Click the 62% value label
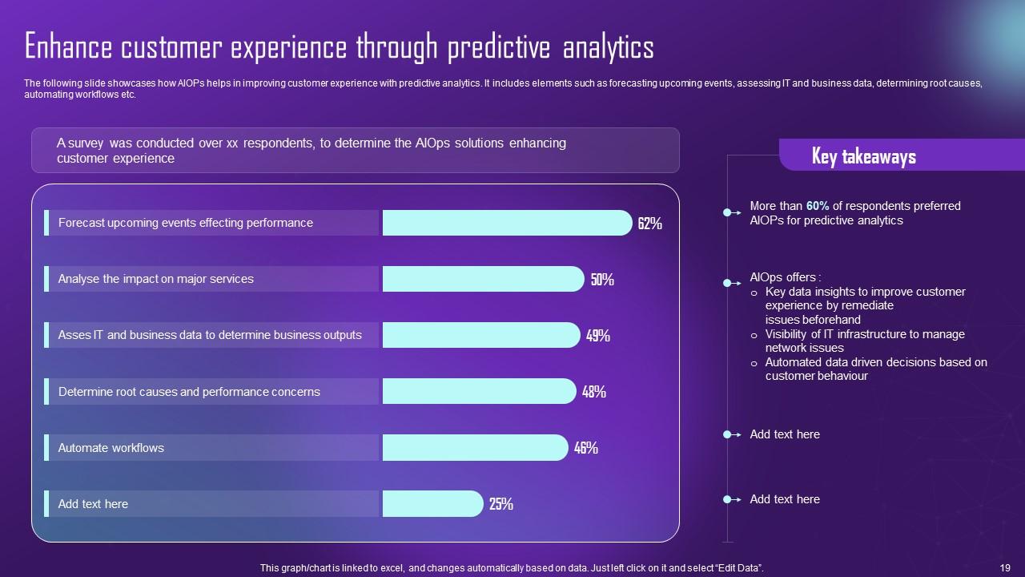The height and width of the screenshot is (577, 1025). [x=649, y=224]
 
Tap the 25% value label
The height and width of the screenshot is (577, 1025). [x=500, y=504]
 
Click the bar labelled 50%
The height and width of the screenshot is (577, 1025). [x=483, y=279]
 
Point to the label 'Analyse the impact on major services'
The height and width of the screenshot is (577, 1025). [x=155, y=279]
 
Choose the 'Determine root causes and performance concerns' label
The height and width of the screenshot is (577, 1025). [x=189, y=392]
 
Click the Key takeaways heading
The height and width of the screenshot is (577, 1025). [x=863, y=155]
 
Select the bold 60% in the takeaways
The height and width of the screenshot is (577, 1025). [x=818, y=206]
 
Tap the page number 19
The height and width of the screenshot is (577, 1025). [x=1005, y=567]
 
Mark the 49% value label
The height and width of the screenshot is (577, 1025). [x=598, y=336]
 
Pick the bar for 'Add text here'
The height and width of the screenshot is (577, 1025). [x=432, y=503]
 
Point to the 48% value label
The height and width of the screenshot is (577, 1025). [x=593, y=392]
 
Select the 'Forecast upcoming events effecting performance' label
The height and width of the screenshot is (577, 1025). [x=185, y=223]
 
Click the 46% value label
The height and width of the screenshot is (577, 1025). [x=585, y=448]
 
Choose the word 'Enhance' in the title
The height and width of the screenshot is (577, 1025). [x=69, y=48]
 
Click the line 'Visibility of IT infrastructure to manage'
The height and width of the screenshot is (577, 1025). [x=864, y=334]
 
